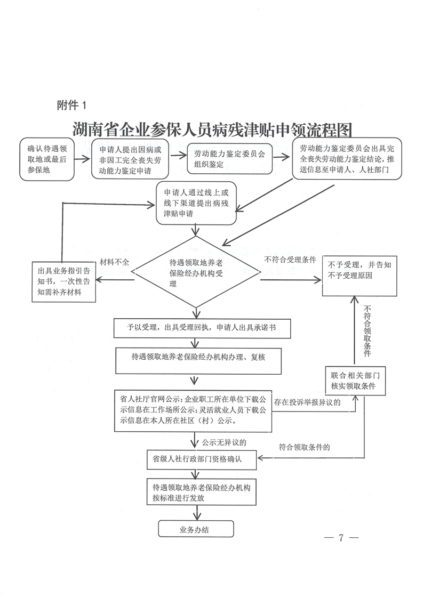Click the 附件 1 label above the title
coord(72,105)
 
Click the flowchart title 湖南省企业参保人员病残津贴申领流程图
coord(212,130)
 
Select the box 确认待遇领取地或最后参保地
coord(47,159)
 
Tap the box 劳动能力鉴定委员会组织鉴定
coord(229,159)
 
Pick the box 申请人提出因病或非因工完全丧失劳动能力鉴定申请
coord(130,159)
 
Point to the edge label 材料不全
coord(114,262)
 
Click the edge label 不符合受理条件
coord(290,260)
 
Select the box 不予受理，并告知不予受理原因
coord(360,276)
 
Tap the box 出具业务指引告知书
coord(64,282)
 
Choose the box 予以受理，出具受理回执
coord(202,328)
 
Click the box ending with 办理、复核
coord(198,360)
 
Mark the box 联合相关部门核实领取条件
coord(355,381)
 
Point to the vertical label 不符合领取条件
coord(368,330)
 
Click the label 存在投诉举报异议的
coord(307,402)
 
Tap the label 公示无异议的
coord(224,442)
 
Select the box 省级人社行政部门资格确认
coord(202,459)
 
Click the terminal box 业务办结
coord(196,529)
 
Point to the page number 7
coord(341,537)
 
